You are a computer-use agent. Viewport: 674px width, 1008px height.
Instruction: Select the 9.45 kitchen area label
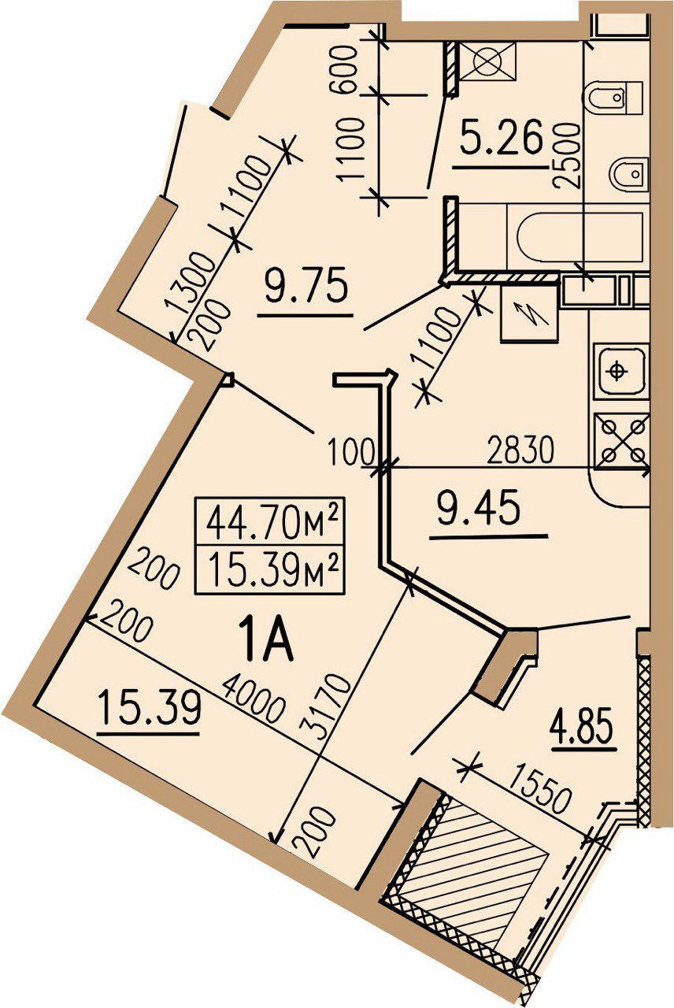tap(480, 509)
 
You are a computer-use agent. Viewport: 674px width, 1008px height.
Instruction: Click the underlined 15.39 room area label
tap(149, 710)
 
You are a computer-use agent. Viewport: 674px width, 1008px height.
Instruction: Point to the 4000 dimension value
tap(254, 701)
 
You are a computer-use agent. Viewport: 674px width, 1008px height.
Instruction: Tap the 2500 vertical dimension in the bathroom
tap(566, 155)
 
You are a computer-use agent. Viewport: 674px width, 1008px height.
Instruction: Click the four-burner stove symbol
tap(623, 440)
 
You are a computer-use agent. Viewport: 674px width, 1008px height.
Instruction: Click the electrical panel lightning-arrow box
tap(530, 313)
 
